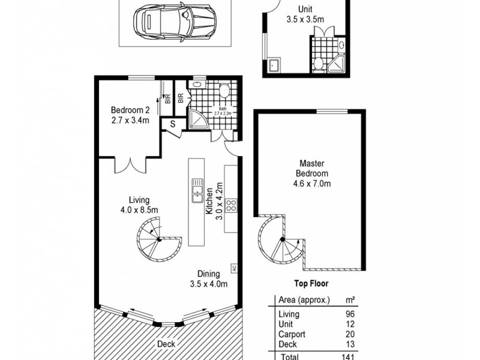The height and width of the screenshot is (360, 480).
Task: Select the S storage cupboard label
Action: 172,124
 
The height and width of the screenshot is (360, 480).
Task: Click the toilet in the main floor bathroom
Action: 224,91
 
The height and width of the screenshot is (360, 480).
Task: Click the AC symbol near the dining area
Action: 235,268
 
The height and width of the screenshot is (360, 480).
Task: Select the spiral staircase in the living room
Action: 157,238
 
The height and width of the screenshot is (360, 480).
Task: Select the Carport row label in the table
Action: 292,334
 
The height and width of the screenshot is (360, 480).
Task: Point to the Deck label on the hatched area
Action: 166,344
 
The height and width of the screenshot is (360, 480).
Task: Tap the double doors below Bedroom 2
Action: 130,164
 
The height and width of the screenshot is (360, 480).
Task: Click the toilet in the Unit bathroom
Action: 319,63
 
